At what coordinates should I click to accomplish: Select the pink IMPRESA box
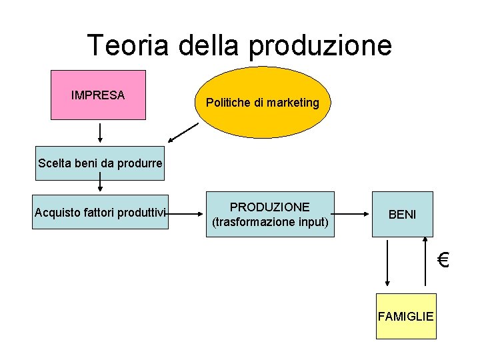coord(98,95)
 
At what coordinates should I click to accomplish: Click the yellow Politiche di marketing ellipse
coord(263,104)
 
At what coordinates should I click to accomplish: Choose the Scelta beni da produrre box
coord(100,163)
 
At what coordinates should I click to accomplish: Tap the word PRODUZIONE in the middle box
coord(270,207)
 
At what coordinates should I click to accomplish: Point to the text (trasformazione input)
coord(270,221)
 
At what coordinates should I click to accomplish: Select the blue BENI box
coord(402,214)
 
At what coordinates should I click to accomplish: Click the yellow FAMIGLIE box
coord(405,316)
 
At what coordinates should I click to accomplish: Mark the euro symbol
coord(443,259)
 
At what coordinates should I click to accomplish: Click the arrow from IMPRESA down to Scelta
coord(100,133)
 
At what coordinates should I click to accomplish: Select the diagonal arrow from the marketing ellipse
coord(183,133)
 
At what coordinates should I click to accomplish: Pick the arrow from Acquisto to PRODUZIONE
coord(186,214)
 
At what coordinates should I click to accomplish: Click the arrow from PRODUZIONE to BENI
coord(351,214)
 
